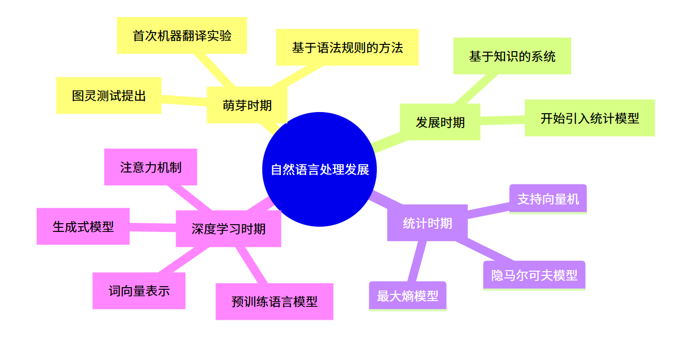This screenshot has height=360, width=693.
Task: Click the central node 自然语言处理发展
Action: point(320,169)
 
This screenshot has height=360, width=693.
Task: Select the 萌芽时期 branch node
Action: point(247,105)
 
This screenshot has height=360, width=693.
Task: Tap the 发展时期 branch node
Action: point(440,122)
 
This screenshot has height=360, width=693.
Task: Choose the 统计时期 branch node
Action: point(427,223)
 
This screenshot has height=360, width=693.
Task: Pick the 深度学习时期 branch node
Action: point(228,229)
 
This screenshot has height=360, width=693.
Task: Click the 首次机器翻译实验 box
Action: point(182,36)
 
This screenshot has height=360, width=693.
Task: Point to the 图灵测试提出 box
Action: point(109,96)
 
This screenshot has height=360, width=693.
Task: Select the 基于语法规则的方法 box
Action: point(347,48)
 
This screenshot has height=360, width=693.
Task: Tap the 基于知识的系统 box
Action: point(512,56)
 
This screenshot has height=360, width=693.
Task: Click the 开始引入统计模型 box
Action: point(589,118)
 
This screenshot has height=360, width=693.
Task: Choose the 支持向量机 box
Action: point(548,199)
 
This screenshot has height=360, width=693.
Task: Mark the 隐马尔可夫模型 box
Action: point(534,275)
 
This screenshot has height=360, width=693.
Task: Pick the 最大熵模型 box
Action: point(407,296)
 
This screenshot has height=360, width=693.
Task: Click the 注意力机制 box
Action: point(151,167)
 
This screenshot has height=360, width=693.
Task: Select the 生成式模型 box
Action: point(83,226)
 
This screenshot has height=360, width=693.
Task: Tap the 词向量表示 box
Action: point(139,291)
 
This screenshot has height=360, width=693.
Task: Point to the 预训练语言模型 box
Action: point(274,302)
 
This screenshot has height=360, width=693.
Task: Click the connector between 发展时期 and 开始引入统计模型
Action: point(502,120)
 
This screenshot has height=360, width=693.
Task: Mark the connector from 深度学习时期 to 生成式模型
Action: point(153,227)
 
